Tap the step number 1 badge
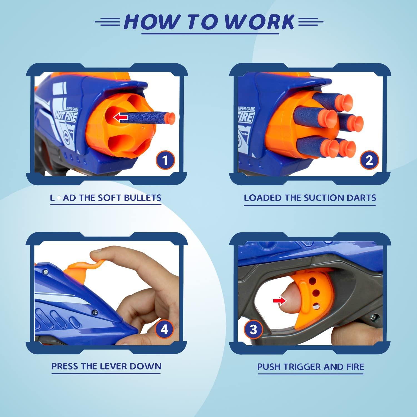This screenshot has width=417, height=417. (x=165, y=160)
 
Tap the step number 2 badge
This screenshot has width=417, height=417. (x=369, y=160)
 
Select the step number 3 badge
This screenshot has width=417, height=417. (x=253, y=330)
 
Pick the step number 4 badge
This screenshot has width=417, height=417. (x=164, y=329)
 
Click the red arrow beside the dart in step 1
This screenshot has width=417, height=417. (x=120, y=117)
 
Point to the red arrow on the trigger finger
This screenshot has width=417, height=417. (x=279, y=300)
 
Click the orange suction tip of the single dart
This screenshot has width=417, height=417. (x=170, y=118)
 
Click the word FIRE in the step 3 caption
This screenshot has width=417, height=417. (x=355, y=367)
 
